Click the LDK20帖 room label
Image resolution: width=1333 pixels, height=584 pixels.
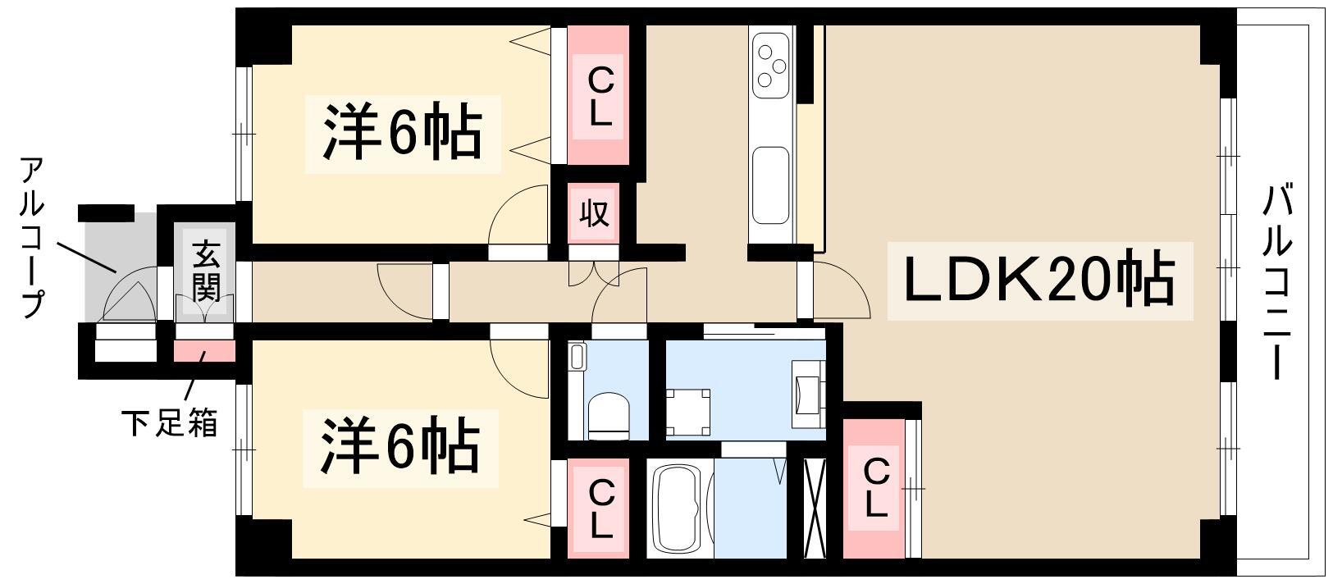click(1039, 281)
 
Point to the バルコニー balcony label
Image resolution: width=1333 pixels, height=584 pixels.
click(1278, 283)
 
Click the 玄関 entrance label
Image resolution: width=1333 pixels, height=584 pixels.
click(205, 271)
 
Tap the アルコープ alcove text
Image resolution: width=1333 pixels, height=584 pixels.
click(32, 237)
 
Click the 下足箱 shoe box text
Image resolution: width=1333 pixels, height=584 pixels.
click(169, 423)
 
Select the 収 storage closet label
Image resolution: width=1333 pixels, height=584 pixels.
click(595, 212)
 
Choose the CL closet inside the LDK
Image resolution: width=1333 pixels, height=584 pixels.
click(874, 488)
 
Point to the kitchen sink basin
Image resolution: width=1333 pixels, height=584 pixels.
click(770, 185)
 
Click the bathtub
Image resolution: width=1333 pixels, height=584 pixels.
click(679, 510)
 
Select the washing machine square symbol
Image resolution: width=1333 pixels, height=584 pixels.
click(688, 413)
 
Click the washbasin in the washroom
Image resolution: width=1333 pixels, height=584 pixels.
click(807, 394)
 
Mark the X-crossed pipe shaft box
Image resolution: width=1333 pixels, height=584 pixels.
click(814, 509)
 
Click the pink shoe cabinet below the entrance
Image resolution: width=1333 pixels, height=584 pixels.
click(204, 350)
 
